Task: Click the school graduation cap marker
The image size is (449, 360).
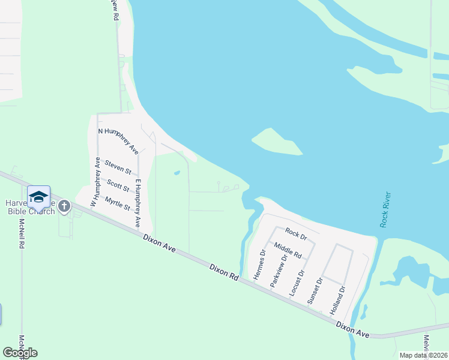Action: pyautogui.click(x=38, y=197)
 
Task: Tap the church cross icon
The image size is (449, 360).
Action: pyautogui.click(x=64, y=206)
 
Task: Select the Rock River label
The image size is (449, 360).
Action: pyautogui.click(x=385, y=209)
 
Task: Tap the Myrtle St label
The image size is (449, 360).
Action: pyautogui.click(x=117, y=203)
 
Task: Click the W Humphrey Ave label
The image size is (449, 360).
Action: pyautogui.click(x=95, y=182)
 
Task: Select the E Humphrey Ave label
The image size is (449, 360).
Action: pyautogui.click(x=137, y=203)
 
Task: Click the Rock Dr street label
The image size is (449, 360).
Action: pyautogui.click(x=295, y=232)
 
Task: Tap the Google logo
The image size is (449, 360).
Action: pyautogui.click(x=20, y=353)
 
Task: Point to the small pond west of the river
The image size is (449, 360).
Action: pyautogui.click(x=177, y=173)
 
